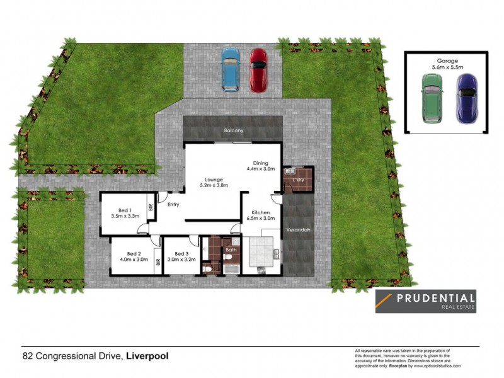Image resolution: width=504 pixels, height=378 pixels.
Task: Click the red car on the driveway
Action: pos(258,70)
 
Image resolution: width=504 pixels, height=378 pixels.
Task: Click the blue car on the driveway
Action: pos(230,70)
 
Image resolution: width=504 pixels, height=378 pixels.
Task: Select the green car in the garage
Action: pos(432,98)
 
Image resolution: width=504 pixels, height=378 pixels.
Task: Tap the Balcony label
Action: pos(233,130)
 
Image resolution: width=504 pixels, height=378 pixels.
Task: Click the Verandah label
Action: pos(298,230)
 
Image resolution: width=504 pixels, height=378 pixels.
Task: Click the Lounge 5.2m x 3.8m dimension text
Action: pos(213,185)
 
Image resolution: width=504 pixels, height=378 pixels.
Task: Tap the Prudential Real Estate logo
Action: pos(425,301)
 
